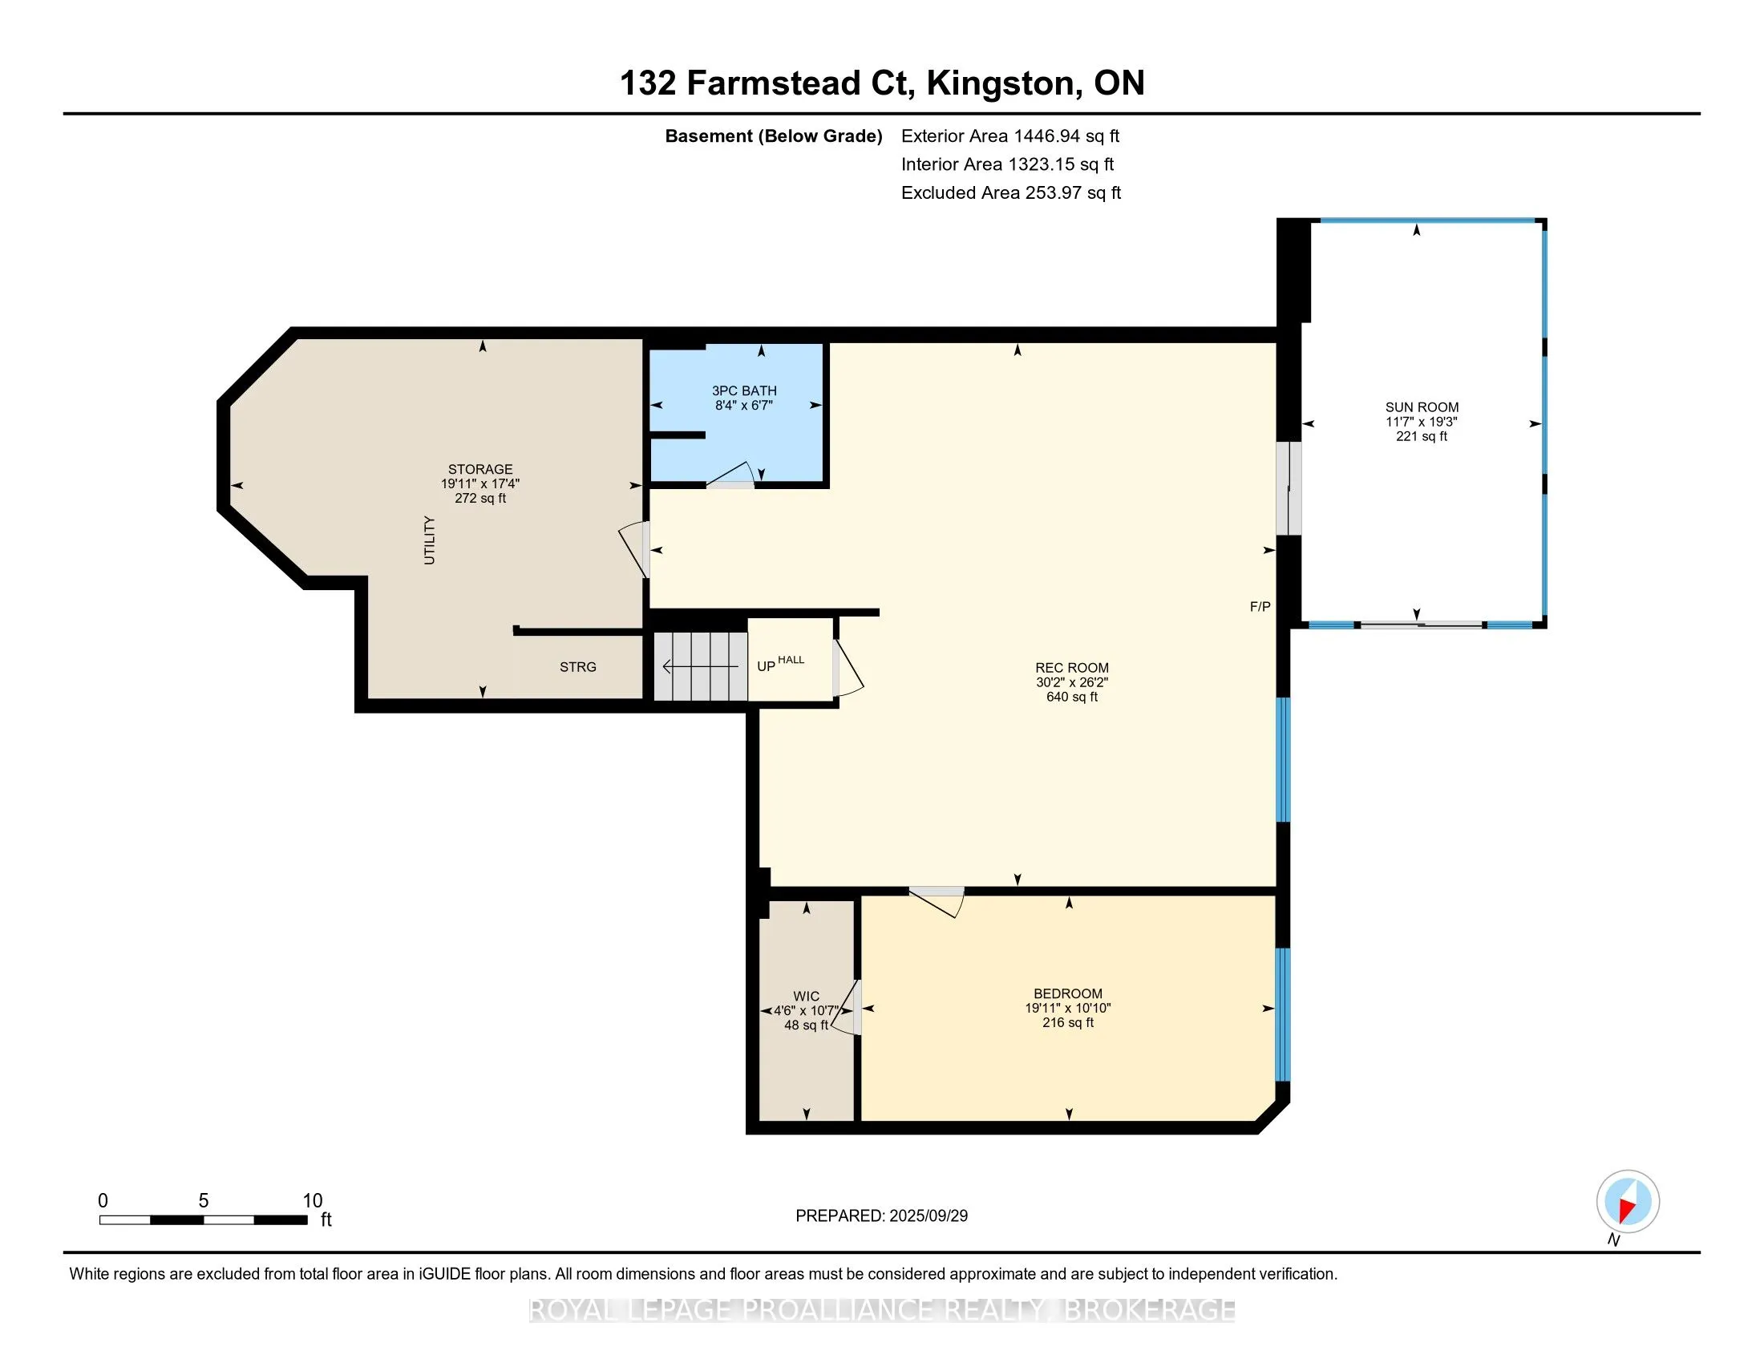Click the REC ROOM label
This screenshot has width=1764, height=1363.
click(x=1072, y=668)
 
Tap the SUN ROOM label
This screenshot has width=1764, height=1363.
click(x=1422, y=407)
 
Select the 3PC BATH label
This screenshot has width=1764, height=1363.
click(x=744, y=390)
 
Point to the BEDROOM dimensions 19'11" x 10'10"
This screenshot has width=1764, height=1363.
click(x=1068, y=1008)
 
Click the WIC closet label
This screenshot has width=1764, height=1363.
click(x=806, y=997)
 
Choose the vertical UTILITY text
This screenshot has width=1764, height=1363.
click(x=430, y=540)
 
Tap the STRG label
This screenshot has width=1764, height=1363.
click(x=578, y=667)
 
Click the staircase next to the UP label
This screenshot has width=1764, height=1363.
click(x=700, y=666)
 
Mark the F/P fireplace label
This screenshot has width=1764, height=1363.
click(x=1260, y=606)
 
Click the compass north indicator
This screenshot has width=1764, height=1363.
click(x=1628, y=1202)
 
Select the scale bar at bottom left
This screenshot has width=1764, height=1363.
click(x=204, y=1220)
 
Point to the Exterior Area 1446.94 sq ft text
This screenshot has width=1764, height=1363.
click(x=1010, y=135)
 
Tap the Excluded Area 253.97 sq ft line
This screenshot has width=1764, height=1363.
click(x=1011, y=192)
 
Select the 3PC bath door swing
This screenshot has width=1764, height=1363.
click(x=731, y=475)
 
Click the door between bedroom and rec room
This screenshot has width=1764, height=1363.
click(x=937, y=901)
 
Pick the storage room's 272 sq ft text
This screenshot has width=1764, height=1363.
click(x=480, y=498)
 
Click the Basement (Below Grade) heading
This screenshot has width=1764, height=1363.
click(x=773, y=135)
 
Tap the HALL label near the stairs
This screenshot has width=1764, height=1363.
click(x=791, y=660)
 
